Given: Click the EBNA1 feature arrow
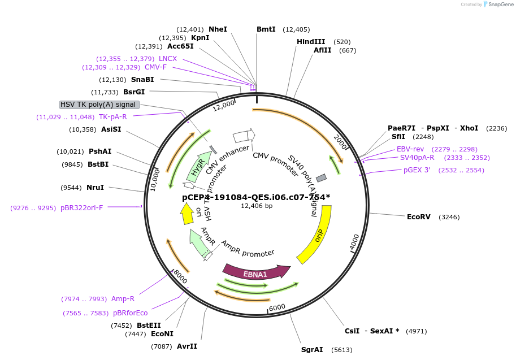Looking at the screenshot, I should (255, 272).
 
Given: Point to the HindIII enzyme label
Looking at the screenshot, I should (311, 42).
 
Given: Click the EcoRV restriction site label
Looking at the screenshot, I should (419, 216).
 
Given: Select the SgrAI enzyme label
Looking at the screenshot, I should (312, 350).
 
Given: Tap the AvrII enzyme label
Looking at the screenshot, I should (187, 346).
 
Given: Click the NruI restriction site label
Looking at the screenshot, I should (95, 188).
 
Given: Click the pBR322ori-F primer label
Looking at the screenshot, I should (82, 208).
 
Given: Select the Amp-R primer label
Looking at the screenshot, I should (123, 299).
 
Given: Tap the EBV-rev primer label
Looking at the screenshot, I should (410, 149).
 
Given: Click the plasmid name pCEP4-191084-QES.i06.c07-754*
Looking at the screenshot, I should (256, 197).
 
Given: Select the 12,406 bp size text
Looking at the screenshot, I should (256, 206).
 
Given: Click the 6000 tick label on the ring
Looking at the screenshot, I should (277, 307).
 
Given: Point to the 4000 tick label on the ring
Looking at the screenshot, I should (355, 242).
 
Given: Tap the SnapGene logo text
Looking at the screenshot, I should (500, 5).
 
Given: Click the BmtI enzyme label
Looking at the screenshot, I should (266, 29).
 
